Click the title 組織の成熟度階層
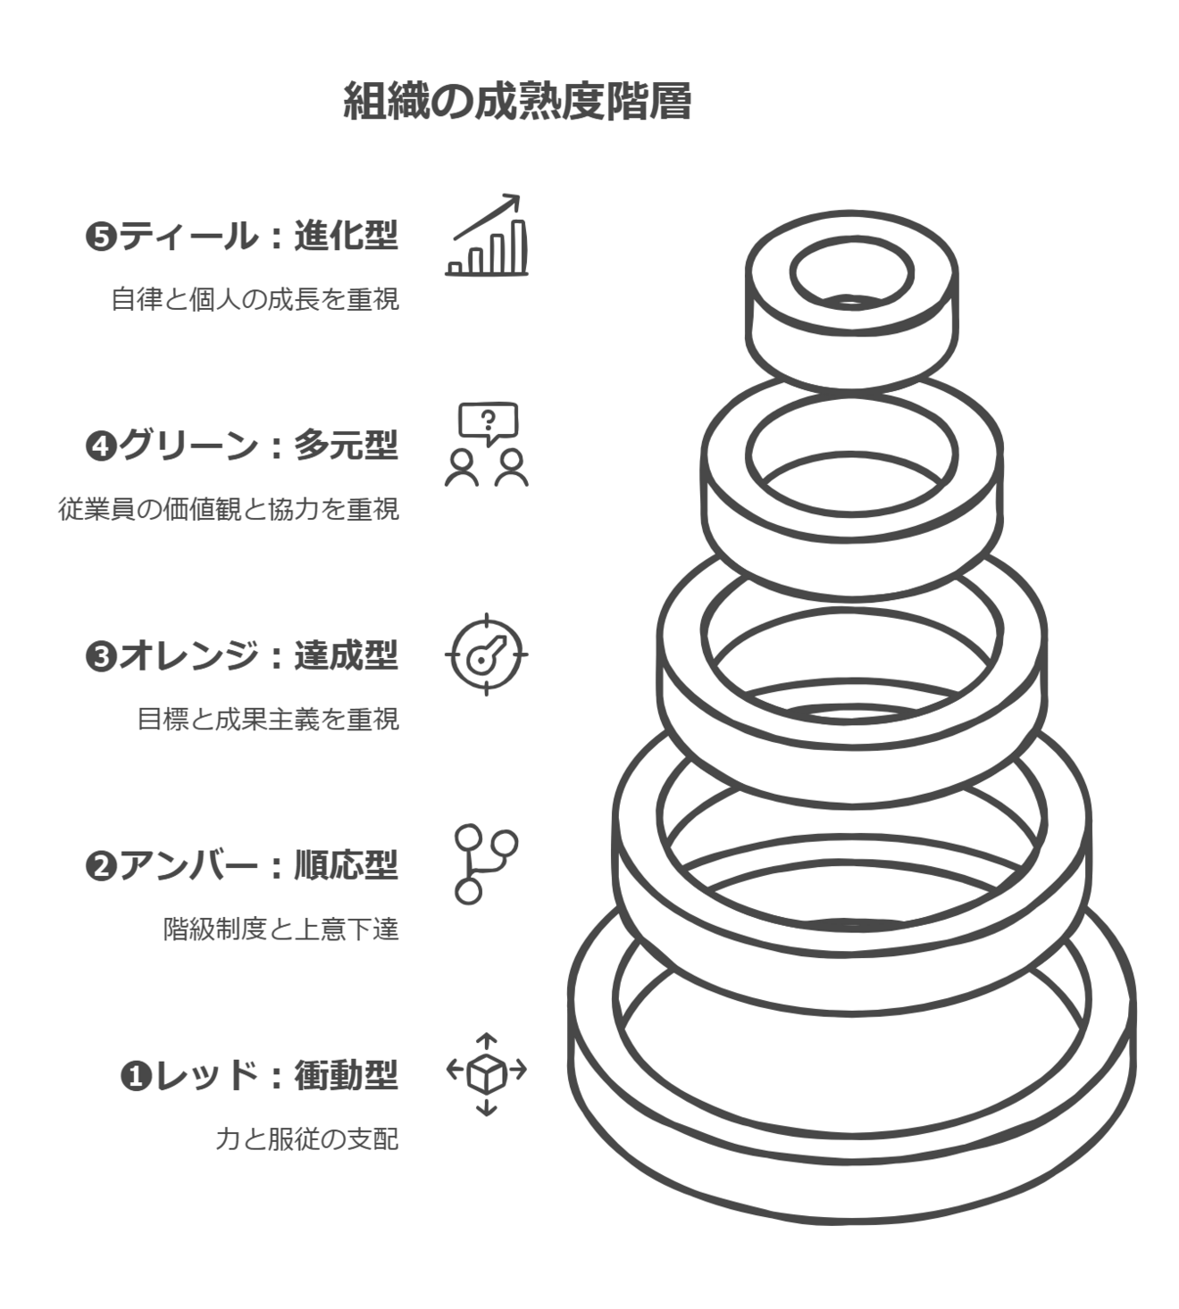coord(517,101)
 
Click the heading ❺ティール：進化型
coord(241,237)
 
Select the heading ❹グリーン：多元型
coord(241,446)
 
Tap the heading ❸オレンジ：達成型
coord(241,655)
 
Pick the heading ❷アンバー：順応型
coord(241,866)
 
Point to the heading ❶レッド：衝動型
coord(259,1076)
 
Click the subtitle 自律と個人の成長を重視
coord(255,299)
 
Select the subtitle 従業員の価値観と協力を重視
coord(229,510)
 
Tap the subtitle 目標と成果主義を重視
coord(268,720)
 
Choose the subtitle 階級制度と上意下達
coord(280,930)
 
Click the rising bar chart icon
coord(487,235)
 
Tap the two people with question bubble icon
coord(487,445)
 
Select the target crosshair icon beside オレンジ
coord(487,654)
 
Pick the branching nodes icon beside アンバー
coord(486,864)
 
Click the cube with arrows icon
coord(487,1075)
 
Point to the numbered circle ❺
coord(101,238)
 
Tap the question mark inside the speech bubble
coord(487,420)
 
